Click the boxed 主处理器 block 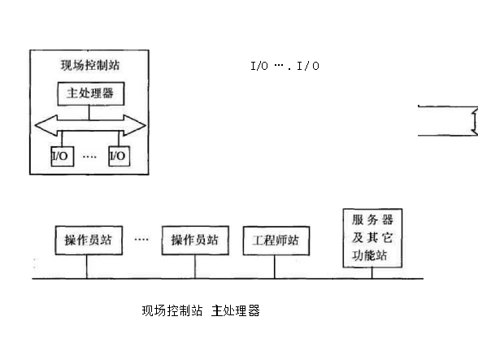click(91, 93)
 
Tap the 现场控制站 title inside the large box click(90, 65)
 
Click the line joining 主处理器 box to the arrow click(89, 112)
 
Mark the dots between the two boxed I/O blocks click(89, 157)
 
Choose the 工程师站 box click(276, 241)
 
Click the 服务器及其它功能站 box click(372, 238)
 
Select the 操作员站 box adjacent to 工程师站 click(195, 241)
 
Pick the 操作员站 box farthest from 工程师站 click(89, 241)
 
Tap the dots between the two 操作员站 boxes click(141, 239)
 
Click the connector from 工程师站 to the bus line click(275, 267)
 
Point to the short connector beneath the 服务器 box click(372, 273)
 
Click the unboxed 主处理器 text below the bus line click(236, 310)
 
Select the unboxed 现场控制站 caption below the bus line click(172, 310)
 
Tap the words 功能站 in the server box click(369, 255)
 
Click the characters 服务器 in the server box click(372, 219)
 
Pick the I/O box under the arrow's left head click(62, 156)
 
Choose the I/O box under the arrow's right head click(119, 156)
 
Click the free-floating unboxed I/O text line click(285, 66)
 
